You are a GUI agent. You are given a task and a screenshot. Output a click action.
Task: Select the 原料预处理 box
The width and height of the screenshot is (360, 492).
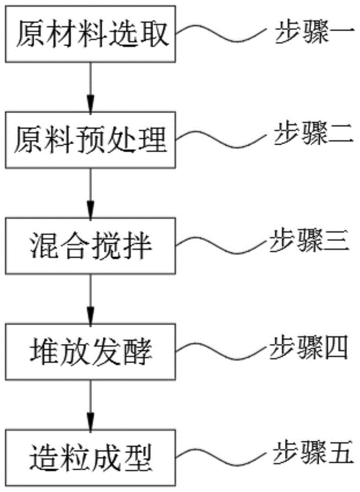90,141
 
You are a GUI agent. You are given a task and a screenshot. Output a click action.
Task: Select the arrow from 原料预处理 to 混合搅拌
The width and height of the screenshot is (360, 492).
90,192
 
